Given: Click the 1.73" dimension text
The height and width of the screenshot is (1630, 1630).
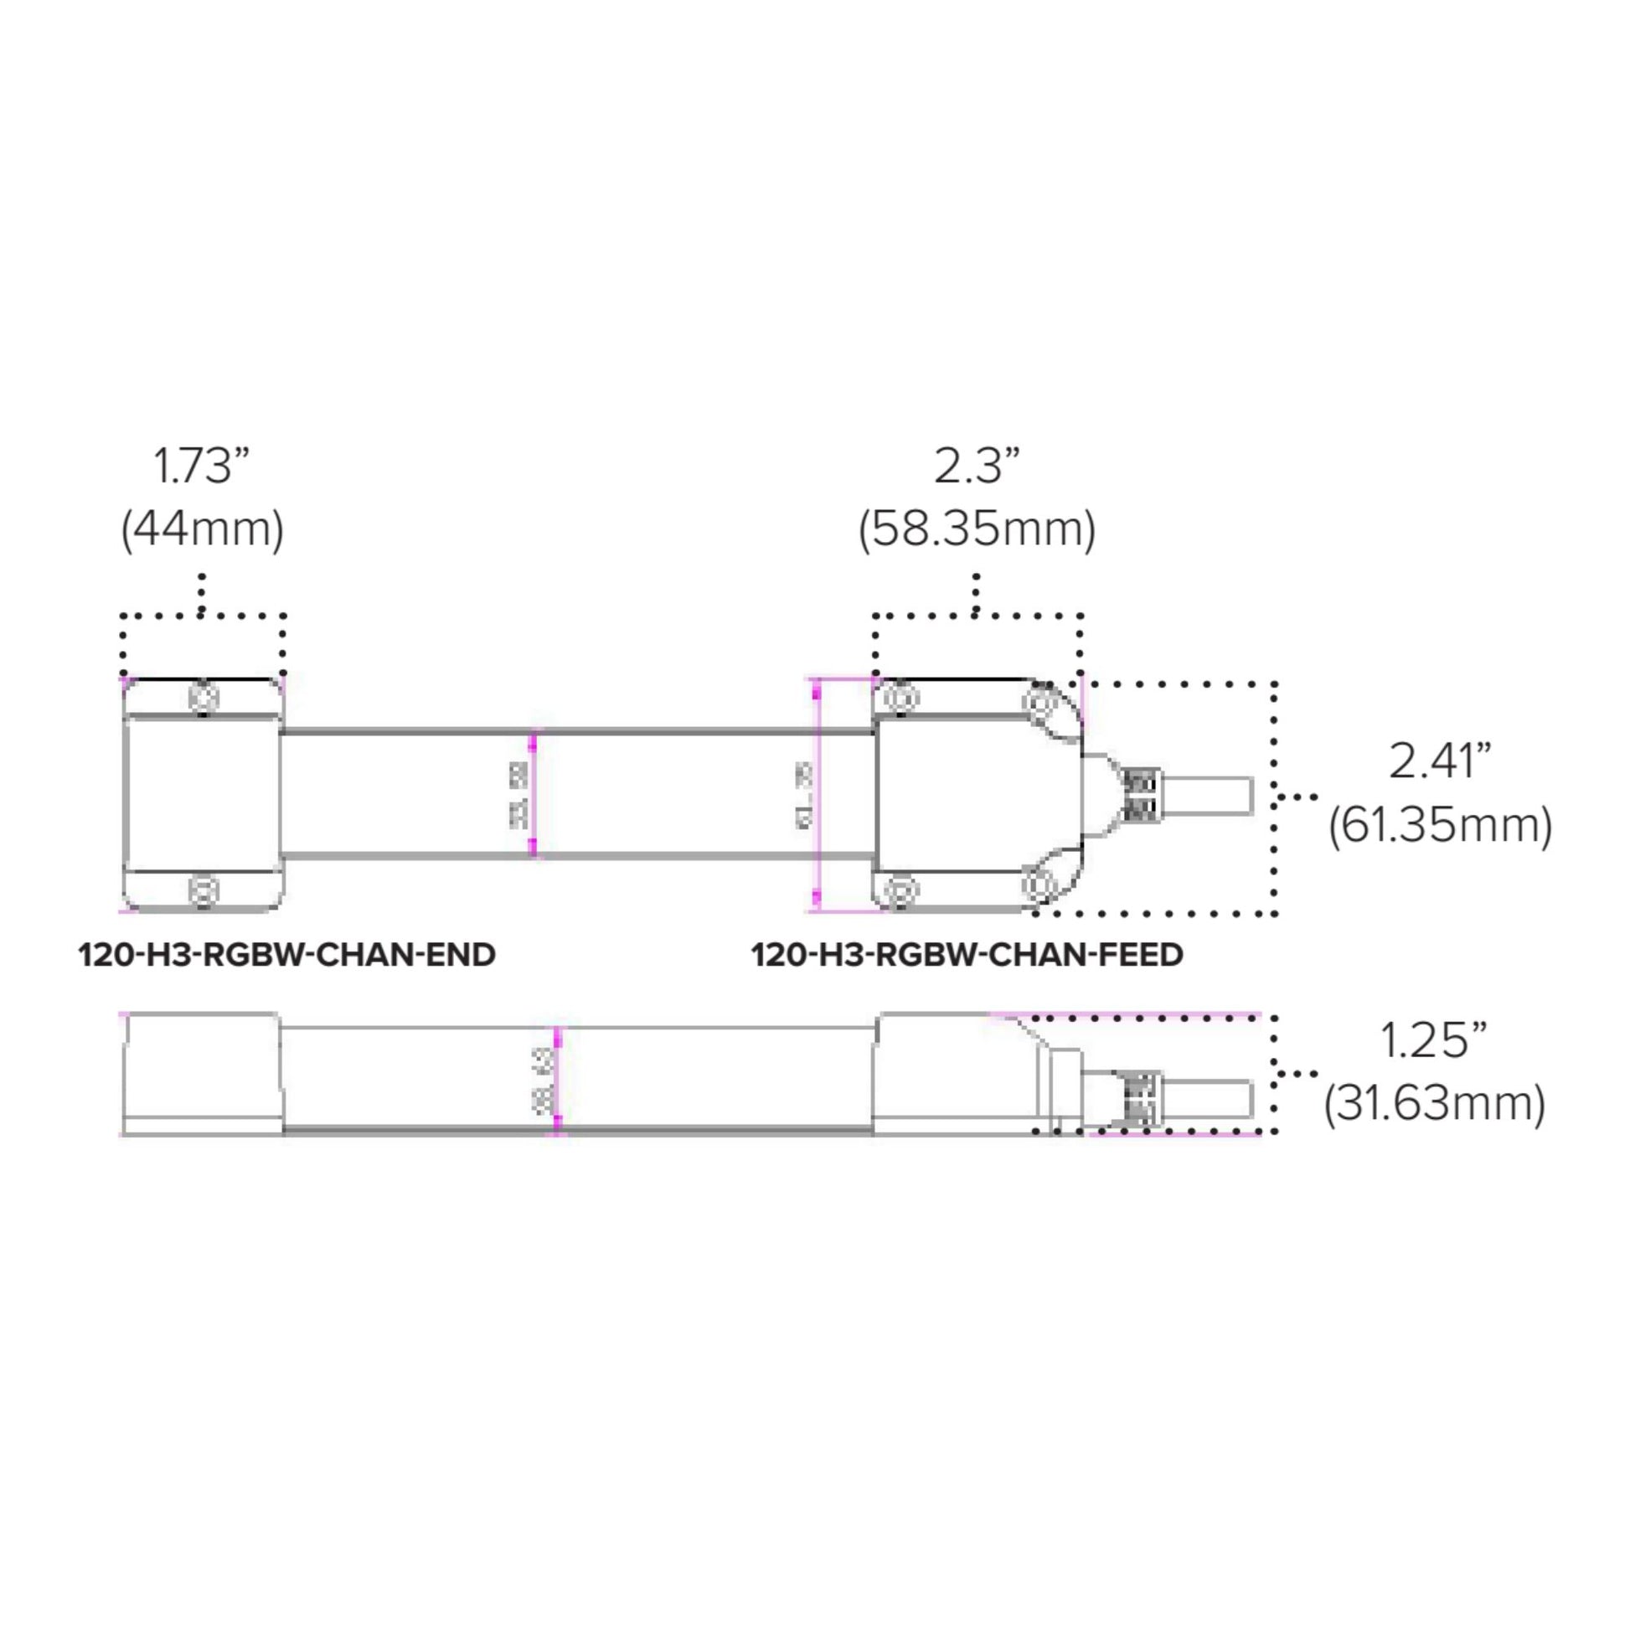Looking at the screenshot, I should [x=202, y=466].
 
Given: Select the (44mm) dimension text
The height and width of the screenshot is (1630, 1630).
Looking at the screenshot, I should [x=203, y=530].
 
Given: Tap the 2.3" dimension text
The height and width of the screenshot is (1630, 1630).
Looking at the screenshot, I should [x=977, y=466].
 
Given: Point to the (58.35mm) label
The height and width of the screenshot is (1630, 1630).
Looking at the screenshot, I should [x=977, y=530].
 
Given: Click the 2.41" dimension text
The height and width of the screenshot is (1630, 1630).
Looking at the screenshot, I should [x=1440, y=761].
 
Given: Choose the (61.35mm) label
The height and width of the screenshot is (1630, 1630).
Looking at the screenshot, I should [x=1440, y=824].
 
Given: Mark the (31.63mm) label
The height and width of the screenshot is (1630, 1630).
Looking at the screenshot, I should [x=1434, y=1102].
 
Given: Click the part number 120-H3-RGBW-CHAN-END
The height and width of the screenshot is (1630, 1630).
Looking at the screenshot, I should [x=286, y=955].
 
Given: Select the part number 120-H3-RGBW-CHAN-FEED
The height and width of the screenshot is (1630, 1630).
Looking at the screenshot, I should [x=967, y=955].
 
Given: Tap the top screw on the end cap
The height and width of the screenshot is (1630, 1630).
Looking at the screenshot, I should [x=204, y=698].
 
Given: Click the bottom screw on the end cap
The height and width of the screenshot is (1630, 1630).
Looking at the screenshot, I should [x=204, y=890].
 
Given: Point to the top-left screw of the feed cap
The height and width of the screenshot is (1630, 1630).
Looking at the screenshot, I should [x=900, y=699].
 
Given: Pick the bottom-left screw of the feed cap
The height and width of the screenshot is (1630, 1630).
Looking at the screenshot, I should [x=900, y=890].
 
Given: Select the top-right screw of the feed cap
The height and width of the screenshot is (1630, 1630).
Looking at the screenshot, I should [x=1039, y=700].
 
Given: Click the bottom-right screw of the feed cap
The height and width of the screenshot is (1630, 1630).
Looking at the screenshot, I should [x=1039, y=885].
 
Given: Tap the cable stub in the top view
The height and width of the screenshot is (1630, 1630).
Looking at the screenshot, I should [x=1206, y=796].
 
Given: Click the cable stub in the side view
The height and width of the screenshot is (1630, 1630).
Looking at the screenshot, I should [x=1206, y=1099].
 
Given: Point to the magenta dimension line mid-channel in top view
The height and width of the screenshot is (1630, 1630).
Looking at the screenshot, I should [x=533, y=794].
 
